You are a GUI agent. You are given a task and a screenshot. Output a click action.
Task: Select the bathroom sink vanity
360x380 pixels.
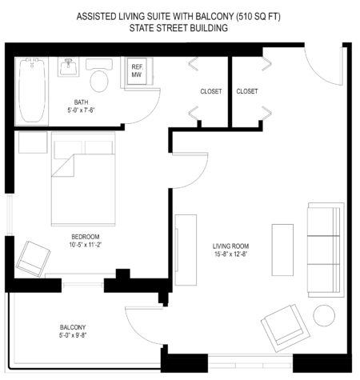click(70, 67)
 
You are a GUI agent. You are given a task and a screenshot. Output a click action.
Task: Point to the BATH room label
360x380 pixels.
click(82, 102)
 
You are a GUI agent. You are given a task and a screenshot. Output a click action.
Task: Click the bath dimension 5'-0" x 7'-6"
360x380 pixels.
click(82, 111)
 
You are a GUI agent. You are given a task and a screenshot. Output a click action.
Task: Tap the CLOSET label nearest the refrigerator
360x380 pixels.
click(210, 91)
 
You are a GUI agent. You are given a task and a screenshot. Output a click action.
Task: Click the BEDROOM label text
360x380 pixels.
click(85, 237)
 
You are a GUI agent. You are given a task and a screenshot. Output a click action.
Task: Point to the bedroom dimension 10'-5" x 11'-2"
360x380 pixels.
click(85, 246)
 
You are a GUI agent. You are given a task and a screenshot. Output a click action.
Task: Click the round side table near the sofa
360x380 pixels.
click(324, 315)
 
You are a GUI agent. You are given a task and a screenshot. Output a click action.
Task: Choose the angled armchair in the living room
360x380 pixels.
click(283, 327)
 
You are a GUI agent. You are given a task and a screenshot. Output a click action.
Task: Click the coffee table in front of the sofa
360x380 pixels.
click(282, 249)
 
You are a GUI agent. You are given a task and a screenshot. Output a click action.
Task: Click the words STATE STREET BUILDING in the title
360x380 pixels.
click(179, 28)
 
